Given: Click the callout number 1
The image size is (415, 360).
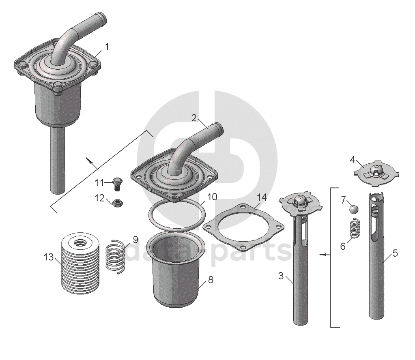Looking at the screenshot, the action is point(107,47).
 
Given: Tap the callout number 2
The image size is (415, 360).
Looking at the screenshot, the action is point(194,118).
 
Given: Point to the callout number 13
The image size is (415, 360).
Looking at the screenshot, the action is point(49,257).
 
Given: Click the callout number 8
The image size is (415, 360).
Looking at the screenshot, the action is point(211,280).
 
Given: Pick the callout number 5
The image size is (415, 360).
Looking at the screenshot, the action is point(395,253).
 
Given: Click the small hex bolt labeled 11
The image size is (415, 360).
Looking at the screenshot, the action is point(116,183).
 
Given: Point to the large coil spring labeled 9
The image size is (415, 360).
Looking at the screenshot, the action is point(115,257).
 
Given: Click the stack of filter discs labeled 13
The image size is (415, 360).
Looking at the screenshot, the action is point(80,263).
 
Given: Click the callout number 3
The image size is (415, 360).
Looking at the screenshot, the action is point(281,276).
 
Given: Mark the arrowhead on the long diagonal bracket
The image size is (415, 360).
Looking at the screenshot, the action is point(90,161).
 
